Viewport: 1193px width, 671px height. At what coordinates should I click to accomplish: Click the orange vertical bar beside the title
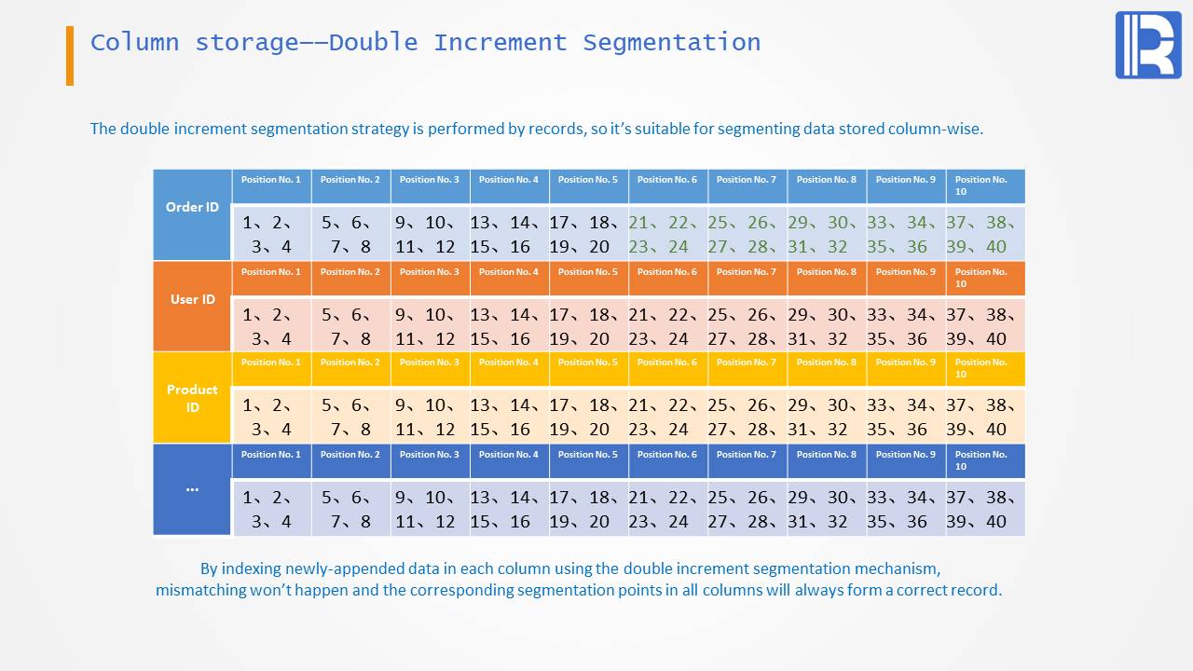(70, 56)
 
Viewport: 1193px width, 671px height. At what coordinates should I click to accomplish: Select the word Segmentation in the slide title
(671, 43)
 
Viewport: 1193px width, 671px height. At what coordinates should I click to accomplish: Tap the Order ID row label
(192, 207)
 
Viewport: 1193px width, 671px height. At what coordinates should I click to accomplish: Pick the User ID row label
(192, 299)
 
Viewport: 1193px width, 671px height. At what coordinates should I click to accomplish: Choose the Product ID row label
(192, 398)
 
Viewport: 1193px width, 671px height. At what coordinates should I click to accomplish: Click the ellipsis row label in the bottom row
(192, 488)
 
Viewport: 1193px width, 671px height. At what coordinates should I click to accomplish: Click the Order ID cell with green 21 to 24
(667, 234)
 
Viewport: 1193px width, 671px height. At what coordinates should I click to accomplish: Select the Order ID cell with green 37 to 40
(985, 234)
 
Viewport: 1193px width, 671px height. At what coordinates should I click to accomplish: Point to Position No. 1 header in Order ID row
(271, 180)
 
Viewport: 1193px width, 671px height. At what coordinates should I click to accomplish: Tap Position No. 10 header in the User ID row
(984, 278)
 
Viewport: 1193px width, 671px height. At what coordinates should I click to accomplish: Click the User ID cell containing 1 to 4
(271, 326)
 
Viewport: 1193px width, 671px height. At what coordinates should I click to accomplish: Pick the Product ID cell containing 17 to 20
(588, 417)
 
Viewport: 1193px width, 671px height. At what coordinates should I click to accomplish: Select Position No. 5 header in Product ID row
(588, 363)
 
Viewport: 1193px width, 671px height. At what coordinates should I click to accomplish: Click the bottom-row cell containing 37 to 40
(985, 509)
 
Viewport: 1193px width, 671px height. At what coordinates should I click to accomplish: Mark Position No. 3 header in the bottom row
(430, 455)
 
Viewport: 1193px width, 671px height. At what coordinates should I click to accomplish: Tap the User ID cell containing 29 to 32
(827, 326)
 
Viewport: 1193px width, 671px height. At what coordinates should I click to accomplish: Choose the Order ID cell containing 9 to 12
(430, 234)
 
